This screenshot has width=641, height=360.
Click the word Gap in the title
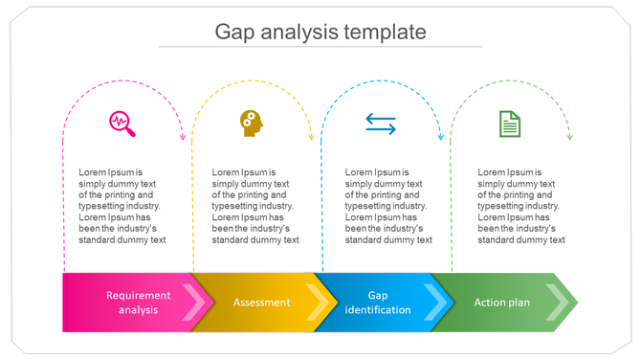(234, 32)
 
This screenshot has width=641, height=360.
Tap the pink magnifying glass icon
(122, 124)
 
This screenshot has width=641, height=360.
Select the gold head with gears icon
(252, 123)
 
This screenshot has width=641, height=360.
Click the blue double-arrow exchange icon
(381, 124)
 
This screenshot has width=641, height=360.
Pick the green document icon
(510, 124)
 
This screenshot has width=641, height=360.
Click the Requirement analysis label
(138, 303)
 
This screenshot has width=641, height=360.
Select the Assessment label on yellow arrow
(261, 303)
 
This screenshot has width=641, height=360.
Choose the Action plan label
(501, 303)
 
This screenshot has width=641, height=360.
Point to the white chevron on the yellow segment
(324, 303)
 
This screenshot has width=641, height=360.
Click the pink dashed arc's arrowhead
(183, 137)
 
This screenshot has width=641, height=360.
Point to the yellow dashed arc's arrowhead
(312, 137)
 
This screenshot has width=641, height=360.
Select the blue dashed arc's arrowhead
(441, 137)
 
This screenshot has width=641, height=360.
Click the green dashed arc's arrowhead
(570, 137)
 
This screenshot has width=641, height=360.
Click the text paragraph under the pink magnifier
(122, 206)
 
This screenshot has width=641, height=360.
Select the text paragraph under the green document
(520, 206)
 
